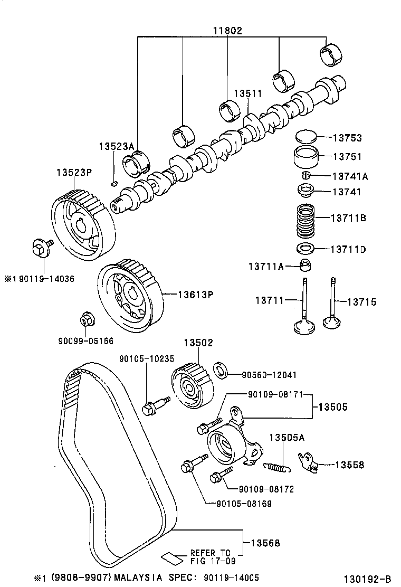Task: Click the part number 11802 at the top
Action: point(227,31)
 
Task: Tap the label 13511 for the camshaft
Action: point(247,93)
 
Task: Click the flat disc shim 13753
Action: point(307,137)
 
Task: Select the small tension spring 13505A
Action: point(277,466)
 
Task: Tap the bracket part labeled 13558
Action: point(308,461)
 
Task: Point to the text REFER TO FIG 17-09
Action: point(210,556)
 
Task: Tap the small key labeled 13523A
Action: point(114,184)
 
